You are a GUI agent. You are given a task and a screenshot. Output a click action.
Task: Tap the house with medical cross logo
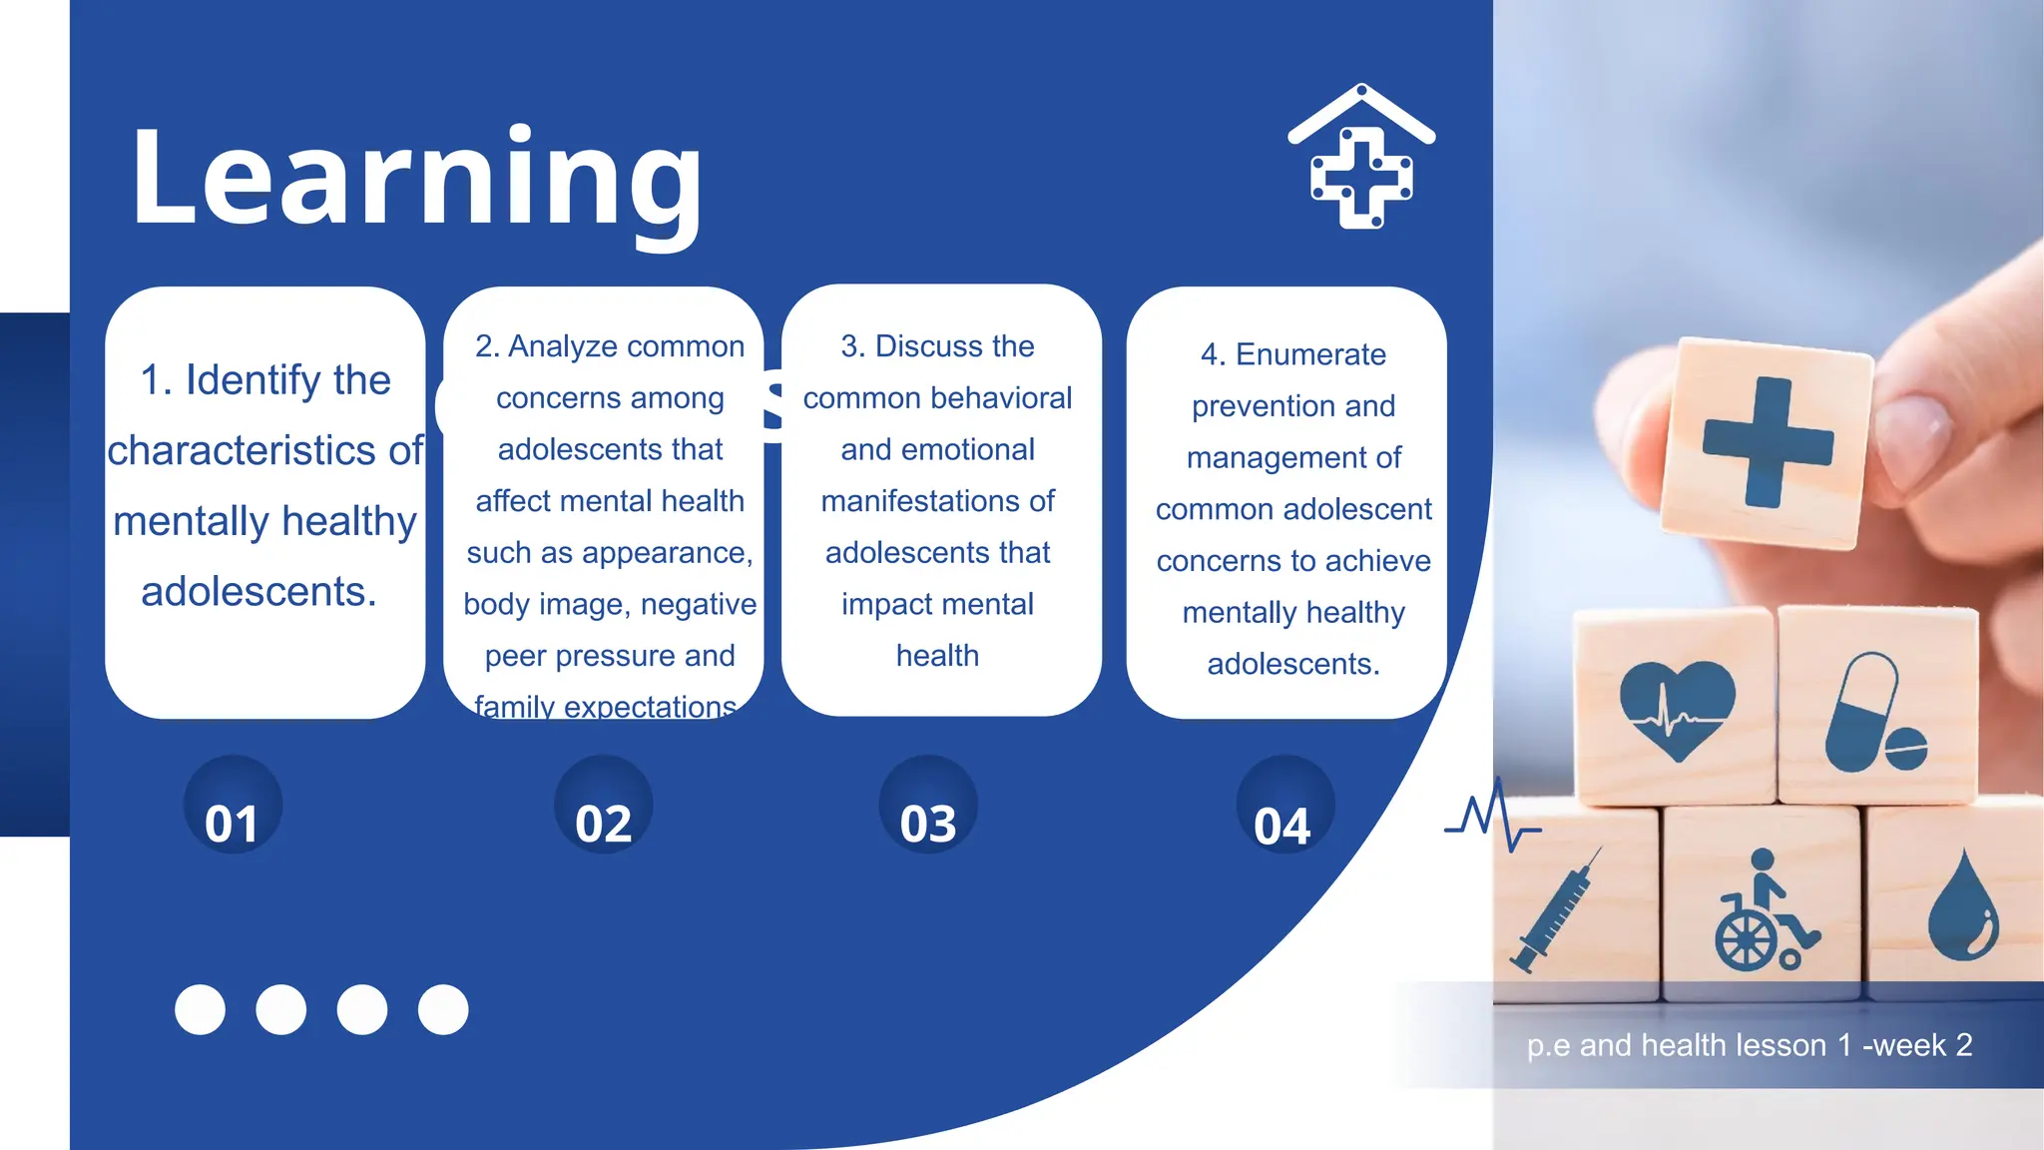click(1361, 157)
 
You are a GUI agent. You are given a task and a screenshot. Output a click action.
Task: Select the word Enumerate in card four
click(1310, 354)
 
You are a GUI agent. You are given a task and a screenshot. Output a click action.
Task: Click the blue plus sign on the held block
click(1768, 441)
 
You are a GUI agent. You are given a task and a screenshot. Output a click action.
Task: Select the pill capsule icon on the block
click(1873, 715)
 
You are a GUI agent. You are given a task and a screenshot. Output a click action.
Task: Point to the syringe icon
click(1558, 908)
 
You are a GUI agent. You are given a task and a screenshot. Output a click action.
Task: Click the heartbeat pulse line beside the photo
click(1492, 817)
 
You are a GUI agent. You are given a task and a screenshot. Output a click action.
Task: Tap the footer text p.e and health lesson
click(1749, 1045)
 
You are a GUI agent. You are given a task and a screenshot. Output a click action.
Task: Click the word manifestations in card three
click(937, 501)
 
